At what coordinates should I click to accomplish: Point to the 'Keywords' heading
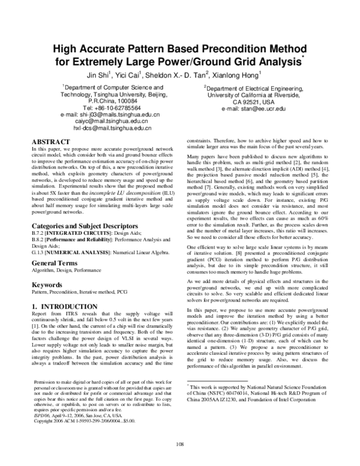click(x=47, y=285)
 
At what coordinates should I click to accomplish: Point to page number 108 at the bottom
click(x=180, y=444)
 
